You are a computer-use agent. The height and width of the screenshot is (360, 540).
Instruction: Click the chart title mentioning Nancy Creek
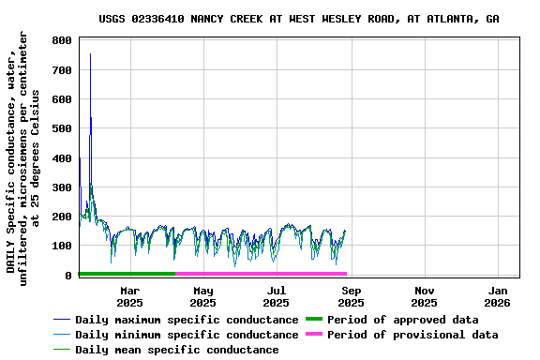click(x=298, y=19)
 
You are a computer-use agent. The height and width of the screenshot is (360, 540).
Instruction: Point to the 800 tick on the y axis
click(x=63, y=41)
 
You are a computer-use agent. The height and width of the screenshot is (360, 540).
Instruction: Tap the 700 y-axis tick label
click(x=63, y=70)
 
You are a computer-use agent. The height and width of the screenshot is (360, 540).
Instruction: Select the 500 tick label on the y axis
click(x=63, y=129)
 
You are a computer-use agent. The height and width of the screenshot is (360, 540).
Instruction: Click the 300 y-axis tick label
click(x=63, y=187)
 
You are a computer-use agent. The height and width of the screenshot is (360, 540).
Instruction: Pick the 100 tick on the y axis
click(x=63, y=247)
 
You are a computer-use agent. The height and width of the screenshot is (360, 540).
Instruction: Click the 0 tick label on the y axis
click(x=68, y=276)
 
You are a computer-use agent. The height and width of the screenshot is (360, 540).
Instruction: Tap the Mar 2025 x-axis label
click(x=129, y=296)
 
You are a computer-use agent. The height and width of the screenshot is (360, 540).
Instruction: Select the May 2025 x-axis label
click(x=202, y=296)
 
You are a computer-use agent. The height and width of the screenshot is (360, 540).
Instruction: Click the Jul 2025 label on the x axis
click(x=276, y=296)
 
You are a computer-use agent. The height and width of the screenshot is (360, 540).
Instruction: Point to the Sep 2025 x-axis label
click(x=351, y=296)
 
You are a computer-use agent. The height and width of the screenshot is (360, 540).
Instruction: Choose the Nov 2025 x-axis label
click(x=424, y=296)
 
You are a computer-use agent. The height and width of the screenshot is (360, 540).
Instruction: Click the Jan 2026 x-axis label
click(x=497, y=296)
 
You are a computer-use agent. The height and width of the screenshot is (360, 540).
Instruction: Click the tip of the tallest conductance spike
click(x=90, y=54)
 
